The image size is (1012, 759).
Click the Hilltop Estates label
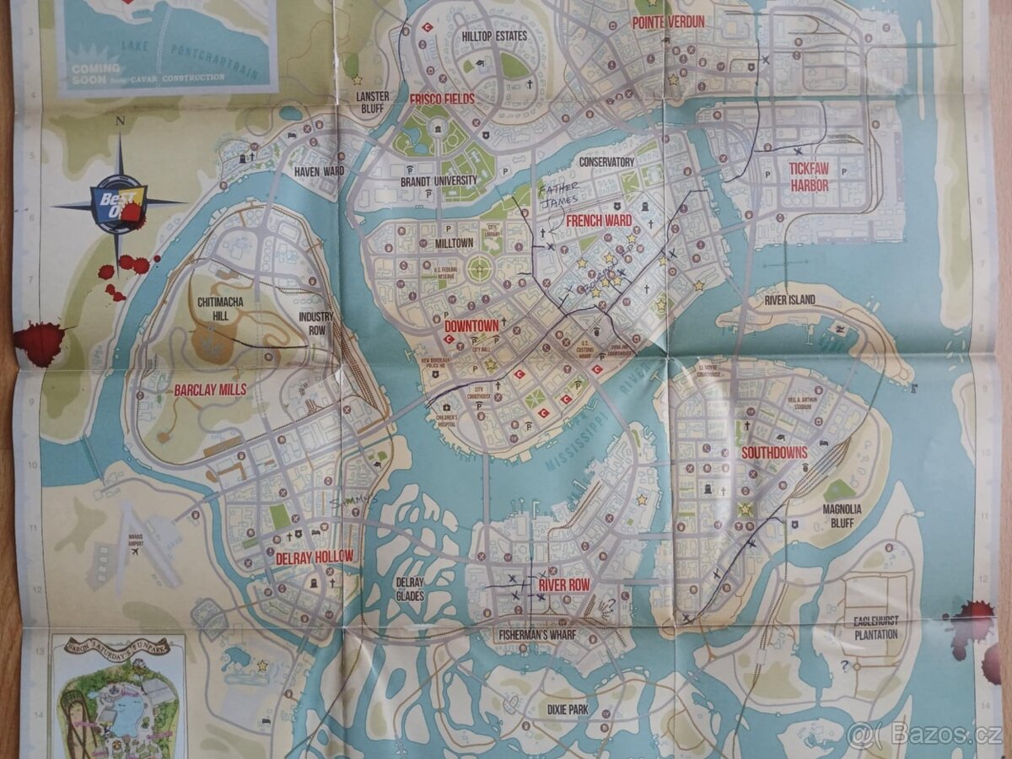tap(494, 36)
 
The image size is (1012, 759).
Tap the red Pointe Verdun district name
tap(668, 22)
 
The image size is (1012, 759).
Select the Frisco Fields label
tap(442, 99)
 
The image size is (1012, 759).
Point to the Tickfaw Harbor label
tap(808, 176)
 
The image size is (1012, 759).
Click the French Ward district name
tap(599, 221)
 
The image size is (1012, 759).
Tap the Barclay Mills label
tap(210, 390)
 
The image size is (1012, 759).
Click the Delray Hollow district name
tap(315, 557)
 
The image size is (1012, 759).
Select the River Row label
tap(563, 584)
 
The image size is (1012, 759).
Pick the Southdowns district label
tap(774, 453)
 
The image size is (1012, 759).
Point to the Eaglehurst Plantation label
tap(875, 627)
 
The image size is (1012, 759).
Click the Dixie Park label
tap(568, 710)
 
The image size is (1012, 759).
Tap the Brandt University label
tap(439, 180)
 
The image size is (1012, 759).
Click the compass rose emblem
tap(121, 202)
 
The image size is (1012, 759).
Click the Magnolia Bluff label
tap(842, 515)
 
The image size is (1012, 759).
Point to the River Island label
tap(789, 299)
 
